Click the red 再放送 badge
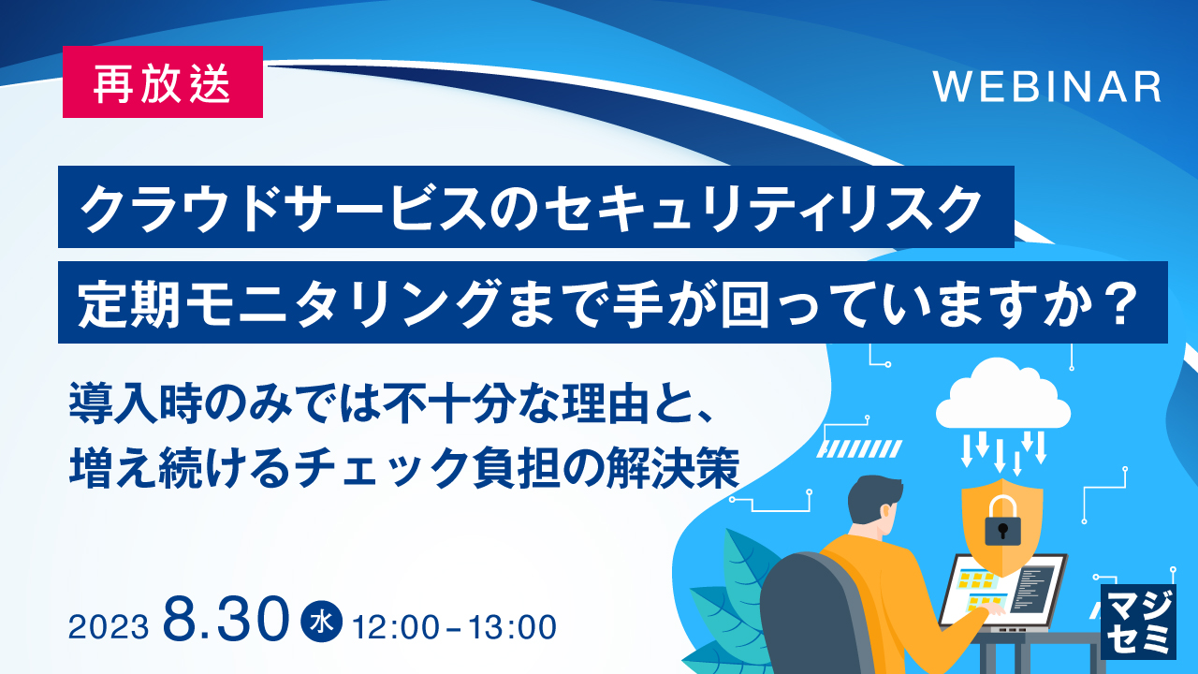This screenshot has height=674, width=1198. [162, 82]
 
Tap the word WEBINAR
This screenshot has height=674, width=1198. [1047, 87]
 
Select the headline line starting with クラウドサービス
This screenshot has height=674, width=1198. [535, 207]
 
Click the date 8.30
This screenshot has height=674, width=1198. [226, 618]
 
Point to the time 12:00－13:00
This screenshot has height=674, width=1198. [454, 624]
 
